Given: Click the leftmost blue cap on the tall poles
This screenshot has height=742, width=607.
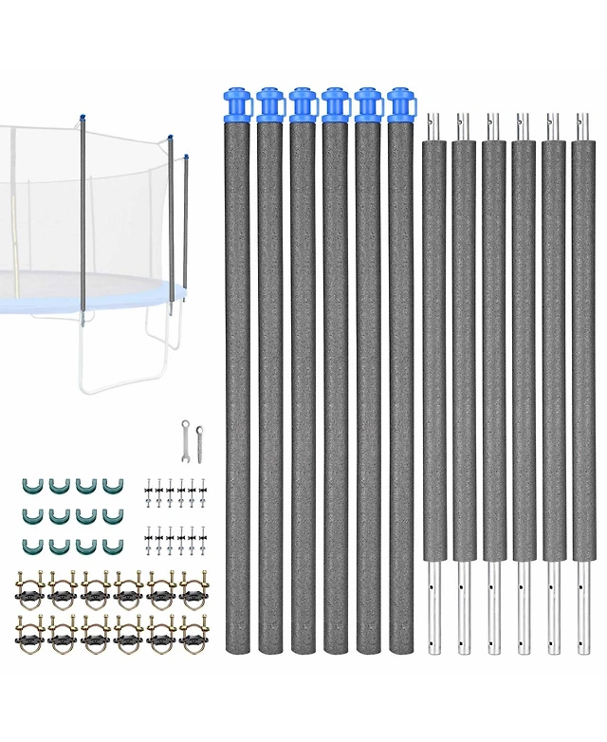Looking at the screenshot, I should tap(237, 103).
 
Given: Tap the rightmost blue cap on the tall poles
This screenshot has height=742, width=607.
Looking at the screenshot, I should tap(402, 103).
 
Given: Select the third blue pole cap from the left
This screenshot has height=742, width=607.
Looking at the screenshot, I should tap(303, 103).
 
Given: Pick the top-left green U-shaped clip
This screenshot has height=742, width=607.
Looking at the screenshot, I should tap(28, 486).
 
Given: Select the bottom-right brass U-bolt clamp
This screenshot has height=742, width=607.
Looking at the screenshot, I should tap(193, 632).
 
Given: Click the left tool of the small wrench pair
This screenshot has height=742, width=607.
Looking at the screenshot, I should tap(185, 439).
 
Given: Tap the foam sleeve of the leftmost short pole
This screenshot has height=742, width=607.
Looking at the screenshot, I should tap(433, 351).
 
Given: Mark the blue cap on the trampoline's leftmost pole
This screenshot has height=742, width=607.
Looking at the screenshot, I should tap(83, 118).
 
